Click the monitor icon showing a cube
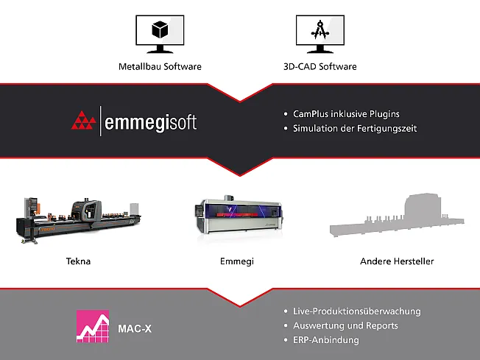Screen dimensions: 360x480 coord(160,33)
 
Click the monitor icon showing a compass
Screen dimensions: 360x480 coord(320,33)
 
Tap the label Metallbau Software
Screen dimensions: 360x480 coord(160,66)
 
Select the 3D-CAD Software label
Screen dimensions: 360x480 coord(320,66)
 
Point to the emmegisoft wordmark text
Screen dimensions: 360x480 coord(152,121)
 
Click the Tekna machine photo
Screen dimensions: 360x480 coord(77,219)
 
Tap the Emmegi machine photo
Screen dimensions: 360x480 coord(240,217)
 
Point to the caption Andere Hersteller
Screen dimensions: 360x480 coord(397,261)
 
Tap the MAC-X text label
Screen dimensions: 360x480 coord(135,328)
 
